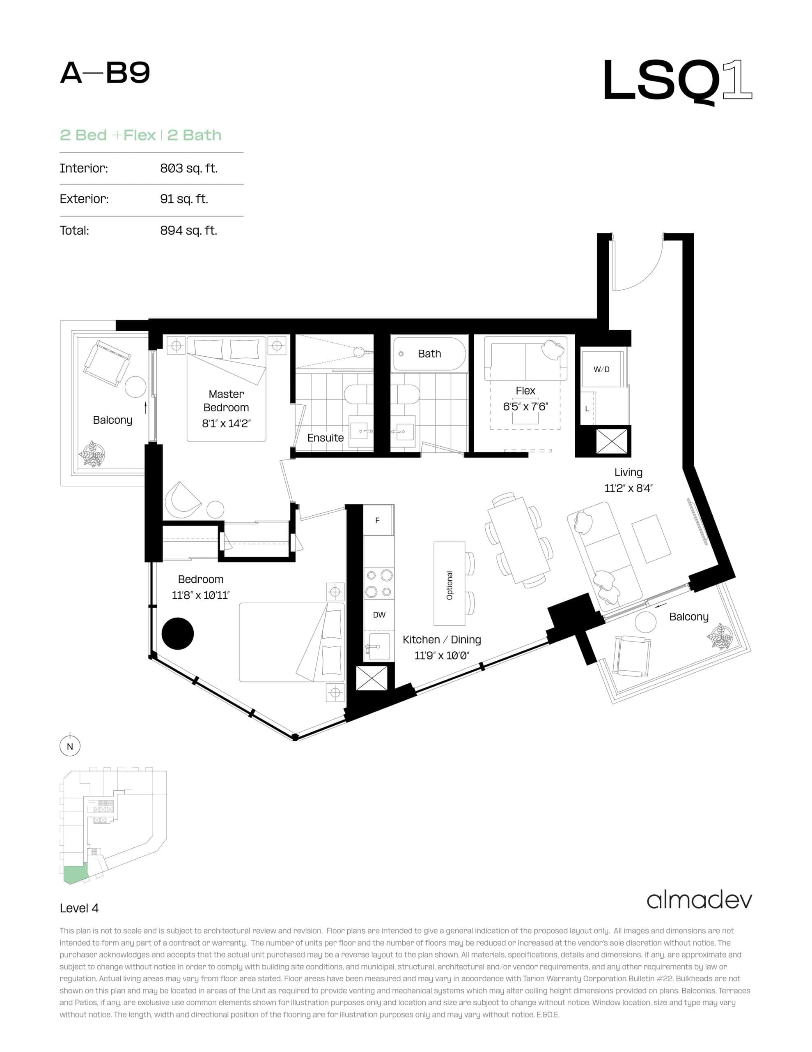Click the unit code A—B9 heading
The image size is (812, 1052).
pos(105,73)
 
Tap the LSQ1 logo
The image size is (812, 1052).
pos(677,81)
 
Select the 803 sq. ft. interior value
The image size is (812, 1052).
pos(189,168)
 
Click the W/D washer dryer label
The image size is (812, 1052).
pos(601,369)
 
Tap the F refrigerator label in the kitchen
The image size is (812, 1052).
pos(377,520)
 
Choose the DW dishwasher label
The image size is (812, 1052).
pos(379,615)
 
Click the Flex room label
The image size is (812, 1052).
pos(525,391)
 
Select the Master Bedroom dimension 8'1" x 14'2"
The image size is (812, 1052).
pos(226,423)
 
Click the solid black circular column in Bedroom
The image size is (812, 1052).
pos(178,633)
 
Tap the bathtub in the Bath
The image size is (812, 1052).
pos(429,353)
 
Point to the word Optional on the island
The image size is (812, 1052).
pos(450,585)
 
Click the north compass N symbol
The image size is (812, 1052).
pos(70,746)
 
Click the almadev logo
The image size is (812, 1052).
pos(699,900)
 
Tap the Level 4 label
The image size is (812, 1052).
pos(79,908)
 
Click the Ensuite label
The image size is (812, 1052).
pos(326,438)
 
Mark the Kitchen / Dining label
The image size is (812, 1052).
pos(441,640)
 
